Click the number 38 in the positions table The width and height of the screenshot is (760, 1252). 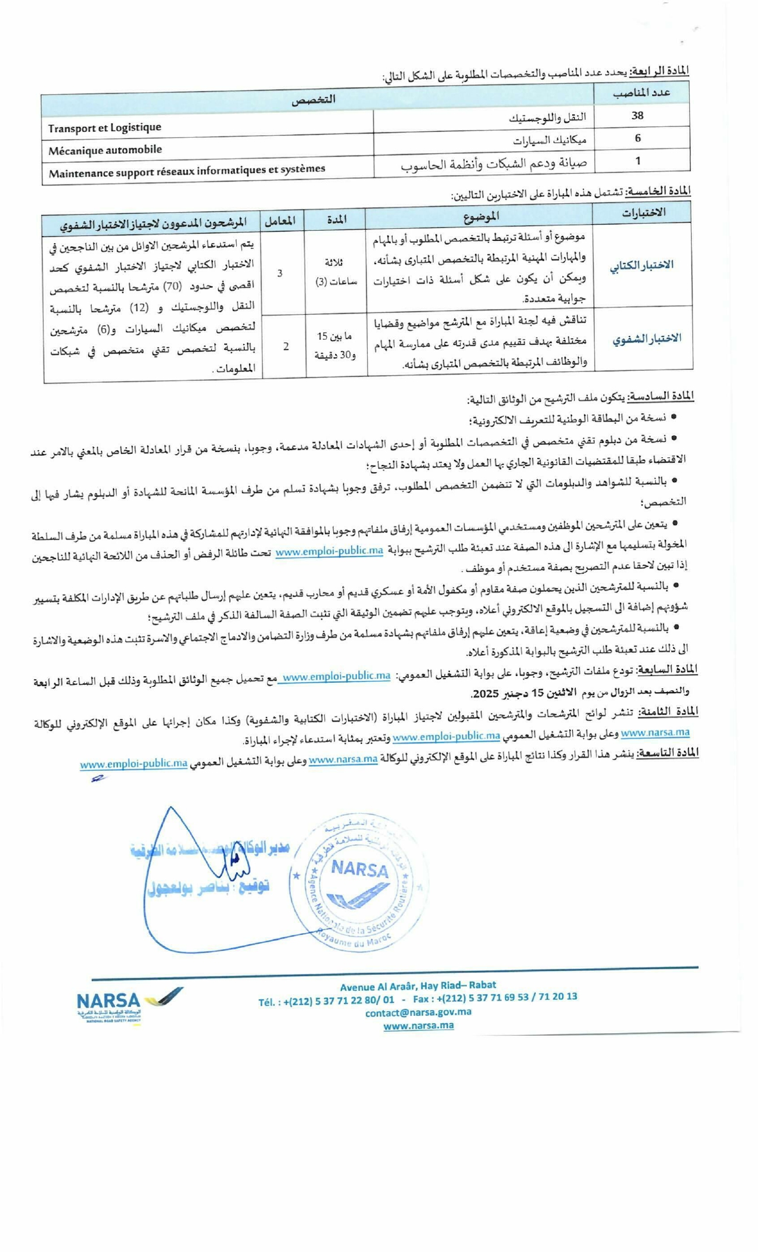pyautogui.click(x=637, y=116)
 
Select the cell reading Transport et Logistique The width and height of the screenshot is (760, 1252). pyautogui.click(x=105, y=128)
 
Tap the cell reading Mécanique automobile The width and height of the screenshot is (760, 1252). pyautogui.click(x=106, y=150)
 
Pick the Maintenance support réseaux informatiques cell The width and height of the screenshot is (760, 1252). pyautogui.click(x=187, y=172)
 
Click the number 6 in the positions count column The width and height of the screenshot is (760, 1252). pyautogui.click(x=638, y=138)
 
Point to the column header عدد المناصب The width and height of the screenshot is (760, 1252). pyautogui.click(x=642, y=92)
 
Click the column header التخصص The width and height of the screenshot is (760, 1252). pyautogui.click(x=314, y=100)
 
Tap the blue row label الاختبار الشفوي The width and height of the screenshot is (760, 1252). pyautogui.click(x=647, y=339)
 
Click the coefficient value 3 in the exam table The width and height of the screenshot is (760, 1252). pyautogui.click(x=280, y=274)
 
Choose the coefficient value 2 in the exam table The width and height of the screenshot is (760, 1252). pyautogui.click(x=286, y=346)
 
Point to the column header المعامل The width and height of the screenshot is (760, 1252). pyautogui.click(x=280, y=221)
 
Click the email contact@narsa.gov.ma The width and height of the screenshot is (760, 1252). pyautogui.click(x=418, y=1012)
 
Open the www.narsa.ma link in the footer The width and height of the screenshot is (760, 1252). pyautogui.click(x=418, y=1025)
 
